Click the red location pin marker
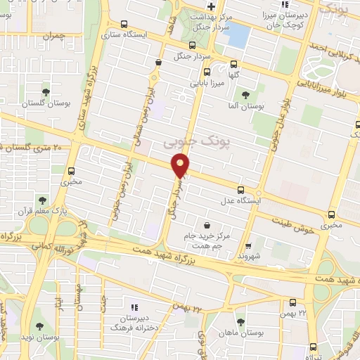tap(181, 166)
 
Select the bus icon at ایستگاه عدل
tap(241, 190)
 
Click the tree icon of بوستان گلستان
tap(46, 92)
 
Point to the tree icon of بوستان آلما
tap(245, 95)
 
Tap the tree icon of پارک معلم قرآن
tap(44, 200)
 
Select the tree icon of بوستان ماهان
tap(240, 322)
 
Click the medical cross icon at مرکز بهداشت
tap(210, 6)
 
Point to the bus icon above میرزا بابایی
tap(206, 72)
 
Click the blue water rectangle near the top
tap(238, 33)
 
